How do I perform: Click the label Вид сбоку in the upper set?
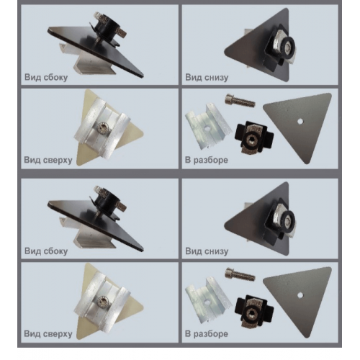tap(46, 77)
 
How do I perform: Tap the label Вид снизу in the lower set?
tap(207, 251)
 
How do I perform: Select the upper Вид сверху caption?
tap(48, 160)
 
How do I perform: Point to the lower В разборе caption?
tap(207, 333)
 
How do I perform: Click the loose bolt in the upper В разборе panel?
tap(240, 101)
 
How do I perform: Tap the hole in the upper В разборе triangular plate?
tap(300, 122)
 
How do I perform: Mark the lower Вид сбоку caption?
tap(46, 251)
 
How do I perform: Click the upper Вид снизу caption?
tap(207, 77)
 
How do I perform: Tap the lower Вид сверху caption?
tap(48, 333)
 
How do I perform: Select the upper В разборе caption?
tap(207, 160)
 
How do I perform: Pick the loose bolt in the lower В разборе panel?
tap(240, 274)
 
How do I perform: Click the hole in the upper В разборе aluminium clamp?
tap(207, 127)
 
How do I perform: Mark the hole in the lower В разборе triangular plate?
tap(300, 295)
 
